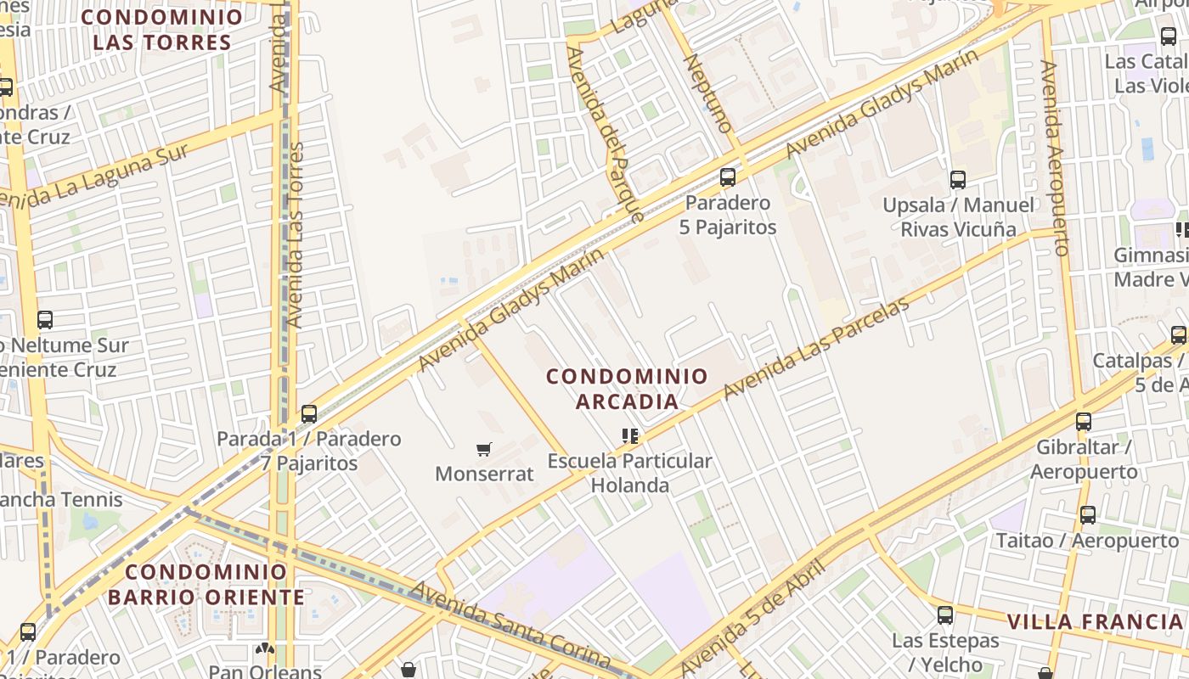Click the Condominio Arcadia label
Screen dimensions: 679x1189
point(627,388)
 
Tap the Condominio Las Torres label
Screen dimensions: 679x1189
point(161,30)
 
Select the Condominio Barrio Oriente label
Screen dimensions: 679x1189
point(206,584)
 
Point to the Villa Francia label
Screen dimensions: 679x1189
point(1094,621)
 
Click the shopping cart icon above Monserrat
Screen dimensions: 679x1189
point(484,449)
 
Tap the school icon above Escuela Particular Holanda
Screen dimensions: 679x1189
point(629,436)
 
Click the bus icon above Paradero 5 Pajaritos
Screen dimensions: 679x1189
point(728,177)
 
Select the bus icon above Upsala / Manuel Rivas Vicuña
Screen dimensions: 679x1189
point(958,180)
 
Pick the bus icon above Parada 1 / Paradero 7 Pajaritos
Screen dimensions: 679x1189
point(309,414)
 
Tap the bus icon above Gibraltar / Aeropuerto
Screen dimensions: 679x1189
point(1084,422)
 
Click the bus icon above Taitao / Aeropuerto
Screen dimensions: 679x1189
point(1088,514)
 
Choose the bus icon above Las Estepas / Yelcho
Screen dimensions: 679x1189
point(945,615)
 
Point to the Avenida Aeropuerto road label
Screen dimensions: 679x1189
point(1053,157)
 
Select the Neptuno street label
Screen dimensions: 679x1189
point(707,93)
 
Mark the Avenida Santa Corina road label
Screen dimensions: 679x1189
point(510,624)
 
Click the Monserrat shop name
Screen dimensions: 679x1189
point(484,474)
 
